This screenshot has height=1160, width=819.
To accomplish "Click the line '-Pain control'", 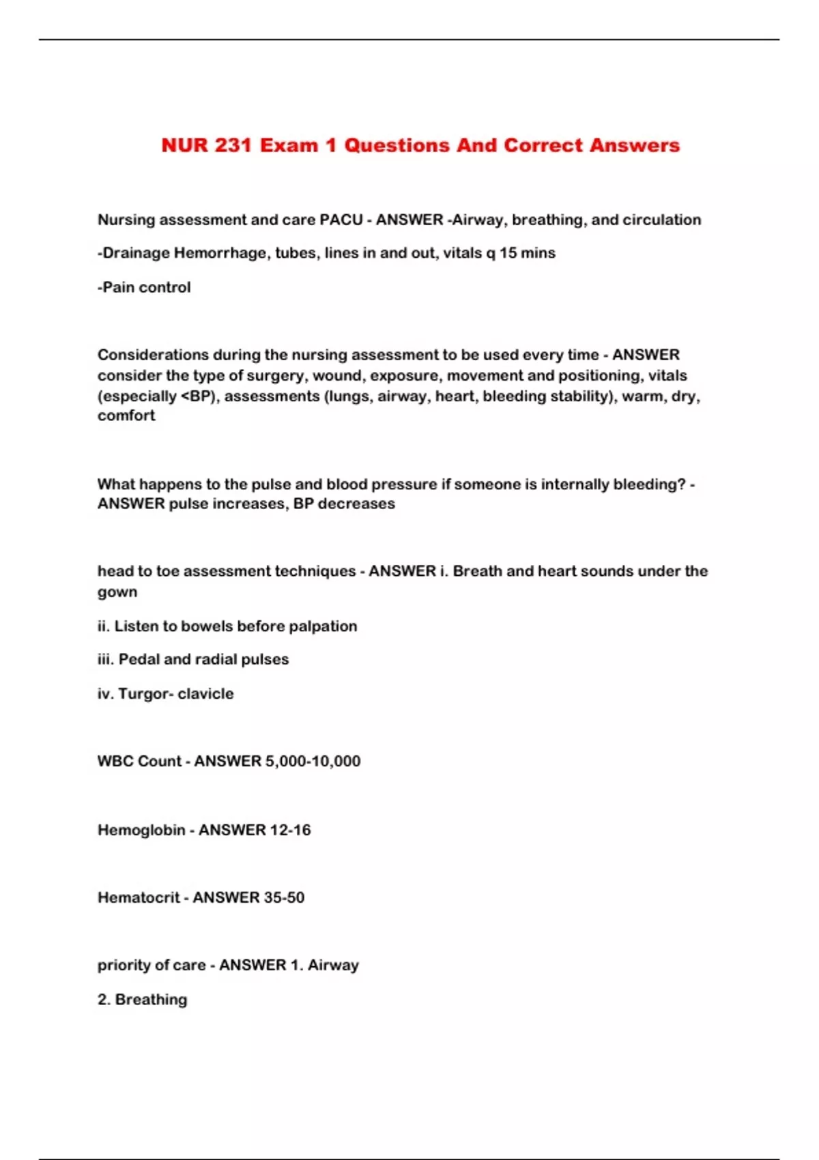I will tap(144, 287).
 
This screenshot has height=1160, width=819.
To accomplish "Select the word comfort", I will tap(126, 416).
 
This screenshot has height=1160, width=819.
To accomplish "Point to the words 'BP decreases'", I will tap(344, 504).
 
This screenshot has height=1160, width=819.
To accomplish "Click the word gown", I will tap(117, 592).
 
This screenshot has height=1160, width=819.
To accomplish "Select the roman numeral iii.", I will tap(105, 659).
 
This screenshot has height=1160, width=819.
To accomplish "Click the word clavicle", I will tap(205, 694).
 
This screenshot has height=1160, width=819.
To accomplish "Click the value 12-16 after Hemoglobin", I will tap(290, 830).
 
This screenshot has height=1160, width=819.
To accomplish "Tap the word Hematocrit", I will tap(139, 897).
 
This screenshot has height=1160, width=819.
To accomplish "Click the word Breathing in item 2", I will tap(151, 1000).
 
